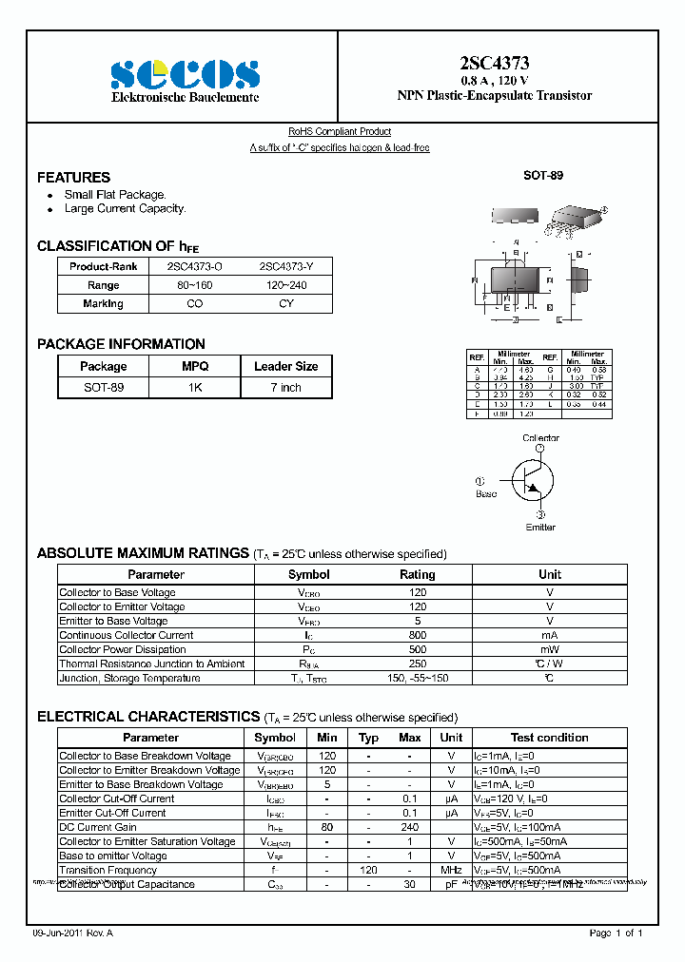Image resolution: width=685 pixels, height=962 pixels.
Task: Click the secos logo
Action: click(185, 74)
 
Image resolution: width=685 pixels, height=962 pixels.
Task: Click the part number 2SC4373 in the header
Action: click(494, 64)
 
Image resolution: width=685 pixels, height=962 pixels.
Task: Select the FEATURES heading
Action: click(73, 178)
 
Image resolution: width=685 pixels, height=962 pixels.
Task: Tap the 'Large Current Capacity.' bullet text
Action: click(125, 208)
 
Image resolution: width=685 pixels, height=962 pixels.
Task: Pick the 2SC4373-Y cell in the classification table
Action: click(286, 267)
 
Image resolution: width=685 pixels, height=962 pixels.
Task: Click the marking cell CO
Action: click(194, 304)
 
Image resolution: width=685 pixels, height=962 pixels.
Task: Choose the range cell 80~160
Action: click(194, 285)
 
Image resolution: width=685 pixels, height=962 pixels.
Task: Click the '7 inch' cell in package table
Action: click(285, 388)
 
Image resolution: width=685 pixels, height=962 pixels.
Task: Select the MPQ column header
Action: click(195, 366)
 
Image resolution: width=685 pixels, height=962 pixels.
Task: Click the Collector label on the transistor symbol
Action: click(540, 438)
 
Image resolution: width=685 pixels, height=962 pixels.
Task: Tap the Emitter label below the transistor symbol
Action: click(540, 528)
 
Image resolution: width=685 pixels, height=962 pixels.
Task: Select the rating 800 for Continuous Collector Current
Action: click(417, 635)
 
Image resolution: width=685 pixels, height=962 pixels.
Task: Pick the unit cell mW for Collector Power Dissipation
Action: click(549, 649)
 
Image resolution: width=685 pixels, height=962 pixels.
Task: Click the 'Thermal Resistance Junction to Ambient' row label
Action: click(152, 664)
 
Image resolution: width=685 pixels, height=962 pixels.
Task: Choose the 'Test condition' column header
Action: click(549, 738)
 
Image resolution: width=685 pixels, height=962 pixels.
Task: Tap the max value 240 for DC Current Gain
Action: click(410, 827)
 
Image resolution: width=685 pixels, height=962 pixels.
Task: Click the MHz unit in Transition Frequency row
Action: click(452, 870)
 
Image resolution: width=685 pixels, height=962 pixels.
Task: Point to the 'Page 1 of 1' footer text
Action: click(622, 933)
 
